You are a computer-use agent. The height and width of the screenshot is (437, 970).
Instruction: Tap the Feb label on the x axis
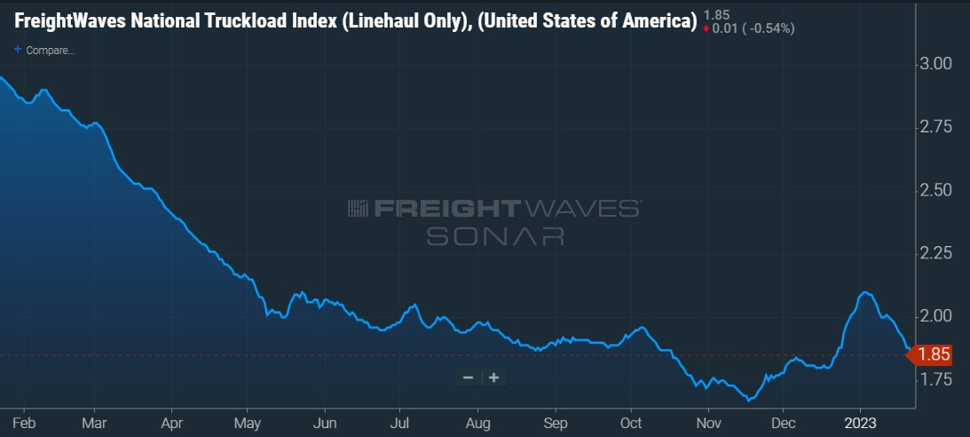click(23, 424)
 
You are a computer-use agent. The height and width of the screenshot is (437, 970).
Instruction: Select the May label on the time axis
click(248, 424)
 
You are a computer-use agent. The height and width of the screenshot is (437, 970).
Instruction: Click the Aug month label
click(477, 424)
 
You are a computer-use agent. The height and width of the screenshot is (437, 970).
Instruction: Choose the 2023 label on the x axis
click(861, 424)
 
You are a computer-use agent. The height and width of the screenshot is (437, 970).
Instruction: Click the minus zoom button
click(469, 377)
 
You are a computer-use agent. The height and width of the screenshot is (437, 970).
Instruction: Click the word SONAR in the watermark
click(495, 235)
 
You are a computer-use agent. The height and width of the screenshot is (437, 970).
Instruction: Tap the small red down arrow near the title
click(706, 28)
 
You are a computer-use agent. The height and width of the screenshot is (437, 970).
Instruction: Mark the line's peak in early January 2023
click(864, 292)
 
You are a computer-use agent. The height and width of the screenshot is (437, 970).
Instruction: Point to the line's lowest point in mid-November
click(748, 401)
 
